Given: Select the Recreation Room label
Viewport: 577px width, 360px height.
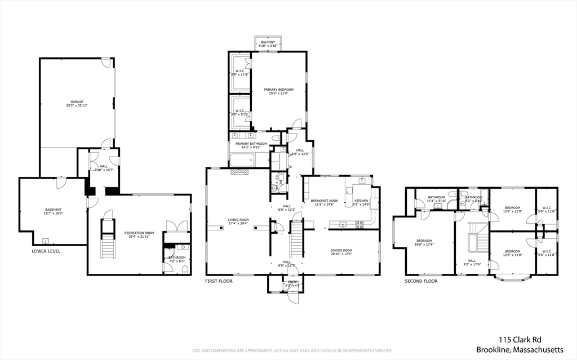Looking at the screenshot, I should [139, 233].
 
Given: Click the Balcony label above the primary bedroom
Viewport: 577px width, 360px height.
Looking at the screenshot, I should [267, 42].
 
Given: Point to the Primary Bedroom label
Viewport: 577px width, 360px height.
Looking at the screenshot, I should [278, 89].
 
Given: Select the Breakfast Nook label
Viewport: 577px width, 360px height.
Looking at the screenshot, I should [324, 201].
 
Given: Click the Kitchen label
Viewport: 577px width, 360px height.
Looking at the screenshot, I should [361, 201].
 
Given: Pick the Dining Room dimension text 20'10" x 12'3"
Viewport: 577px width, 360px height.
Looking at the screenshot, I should [341, 254].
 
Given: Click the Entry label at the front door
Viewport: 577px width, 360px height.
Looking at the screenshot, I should [293, 282].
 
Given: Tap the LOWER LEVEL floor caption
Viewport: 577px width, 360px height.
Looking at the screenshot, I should [46, 251].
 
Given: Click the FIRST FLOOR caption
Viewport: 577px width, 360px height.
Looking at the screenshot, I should [219, 281].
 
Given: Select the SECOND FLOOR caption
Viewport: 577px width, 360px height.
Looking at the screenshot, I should [421, 281].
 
